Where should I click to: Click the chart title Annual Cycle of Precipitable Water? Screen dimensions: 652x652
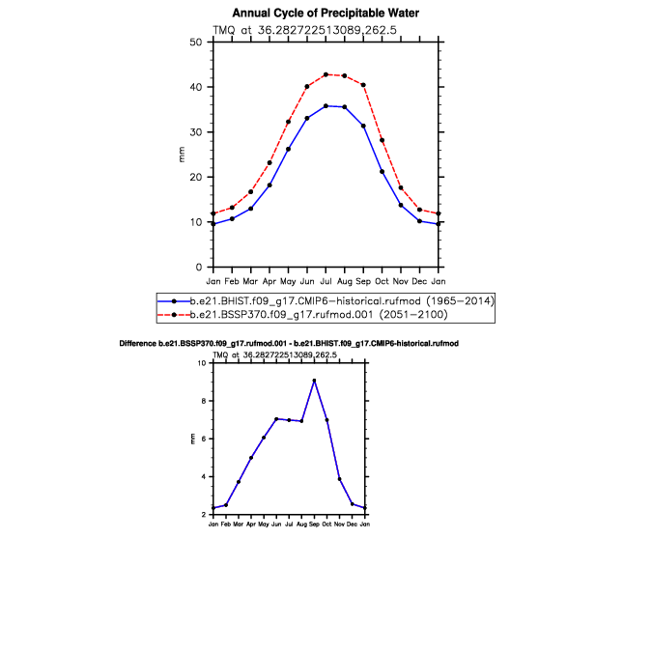tap(326, 14)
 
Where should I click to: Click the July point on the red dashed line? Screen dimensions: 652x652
tap(326, 74)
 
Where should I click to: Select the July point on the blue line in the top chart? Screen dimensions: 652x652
tap(326, 106)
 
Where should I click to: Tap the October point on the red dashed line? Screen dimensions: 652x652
tap(382, 140)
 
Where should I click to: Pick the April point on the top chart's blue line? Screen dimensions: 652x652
tap(269, 185)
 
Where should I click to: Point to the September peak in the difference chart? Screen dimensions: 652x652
tap(314, 381)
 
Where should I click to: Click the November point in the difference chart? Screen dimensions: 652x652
tap(340, 479)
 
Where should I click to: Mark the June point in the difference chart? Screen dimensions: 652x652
tap(276, 419)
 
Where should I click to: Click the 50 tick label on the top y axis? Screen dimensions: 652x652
tap(195, 42)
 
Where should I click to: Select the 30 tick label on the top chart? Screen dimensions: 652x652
tap(195, 132)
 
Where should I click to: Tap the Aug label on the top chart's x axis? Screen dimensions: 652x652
tap(344, 281)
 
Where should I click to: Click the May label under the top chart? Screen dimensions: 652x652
tap(288, 281)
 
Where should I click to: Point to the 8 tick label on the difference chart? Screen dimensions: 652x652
tap(204, 401)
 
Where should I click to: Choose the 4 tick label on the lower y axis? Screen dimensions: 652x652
tap(204, 476)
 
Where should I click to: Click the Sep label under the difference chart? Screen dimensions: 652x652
tap(314, 524)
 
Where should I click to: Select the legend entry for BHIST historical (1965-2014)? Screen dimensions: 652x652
tap(326, 301)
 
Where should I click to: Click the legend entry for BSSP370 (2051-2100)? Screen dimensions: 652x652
tap(302, 314)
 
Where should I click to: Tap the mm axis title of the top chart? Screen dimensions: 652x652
tap(182, 155)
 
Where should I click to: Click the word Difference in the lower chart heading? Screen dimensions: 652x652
tap(137, 344)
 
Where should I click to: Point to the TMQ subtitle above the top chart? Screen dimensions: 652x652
tap(305, 30)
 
